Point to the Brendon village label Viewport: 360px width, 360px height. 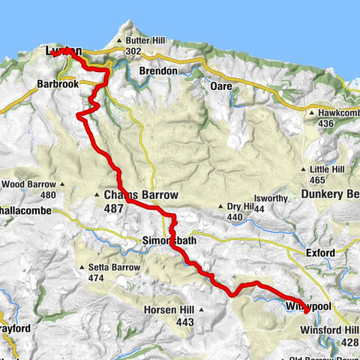click(159, 71)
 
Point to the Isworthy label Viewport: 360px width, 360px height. click(270, 199)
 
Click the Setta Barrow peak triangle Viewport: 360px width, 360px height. click(82, 267)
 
